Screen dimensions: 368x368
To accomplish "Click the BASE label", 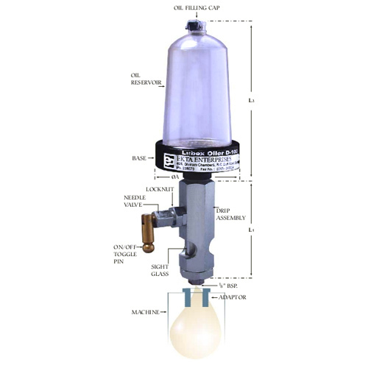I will coord(138,158).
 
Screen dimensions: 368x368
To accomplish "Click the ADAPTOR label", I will coord(233,297).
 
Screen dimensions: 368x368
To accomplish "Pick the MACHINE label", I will coord(146,313).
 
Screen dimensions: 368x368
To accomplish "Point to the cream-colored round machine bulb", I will coord(195,330).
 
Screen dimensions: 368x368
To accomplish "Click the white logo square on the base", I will coord(166,156).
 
